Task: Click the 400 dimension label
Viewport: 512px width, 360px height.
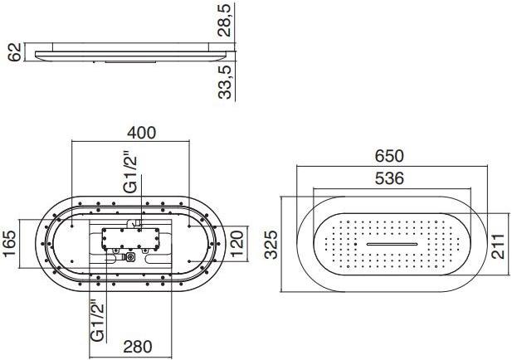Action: click(141, 133)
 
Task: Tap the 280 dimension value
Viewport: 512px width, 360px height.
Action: click(138, 347)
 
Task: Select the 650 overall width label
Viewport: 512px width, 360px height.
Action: click(389, 156)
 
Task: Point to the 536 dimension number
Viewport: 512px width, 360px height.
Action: click(389, 178)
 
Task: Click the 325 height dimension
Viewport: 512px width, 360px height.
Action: click(271, 245)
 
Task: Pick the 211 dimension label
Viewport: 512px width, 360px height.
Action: click(498, 246)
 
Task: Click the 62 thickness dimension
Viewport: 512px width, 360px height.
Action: click(14, 52)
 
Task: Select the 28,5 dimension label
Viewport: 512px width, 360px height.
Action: click(225, 20)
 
